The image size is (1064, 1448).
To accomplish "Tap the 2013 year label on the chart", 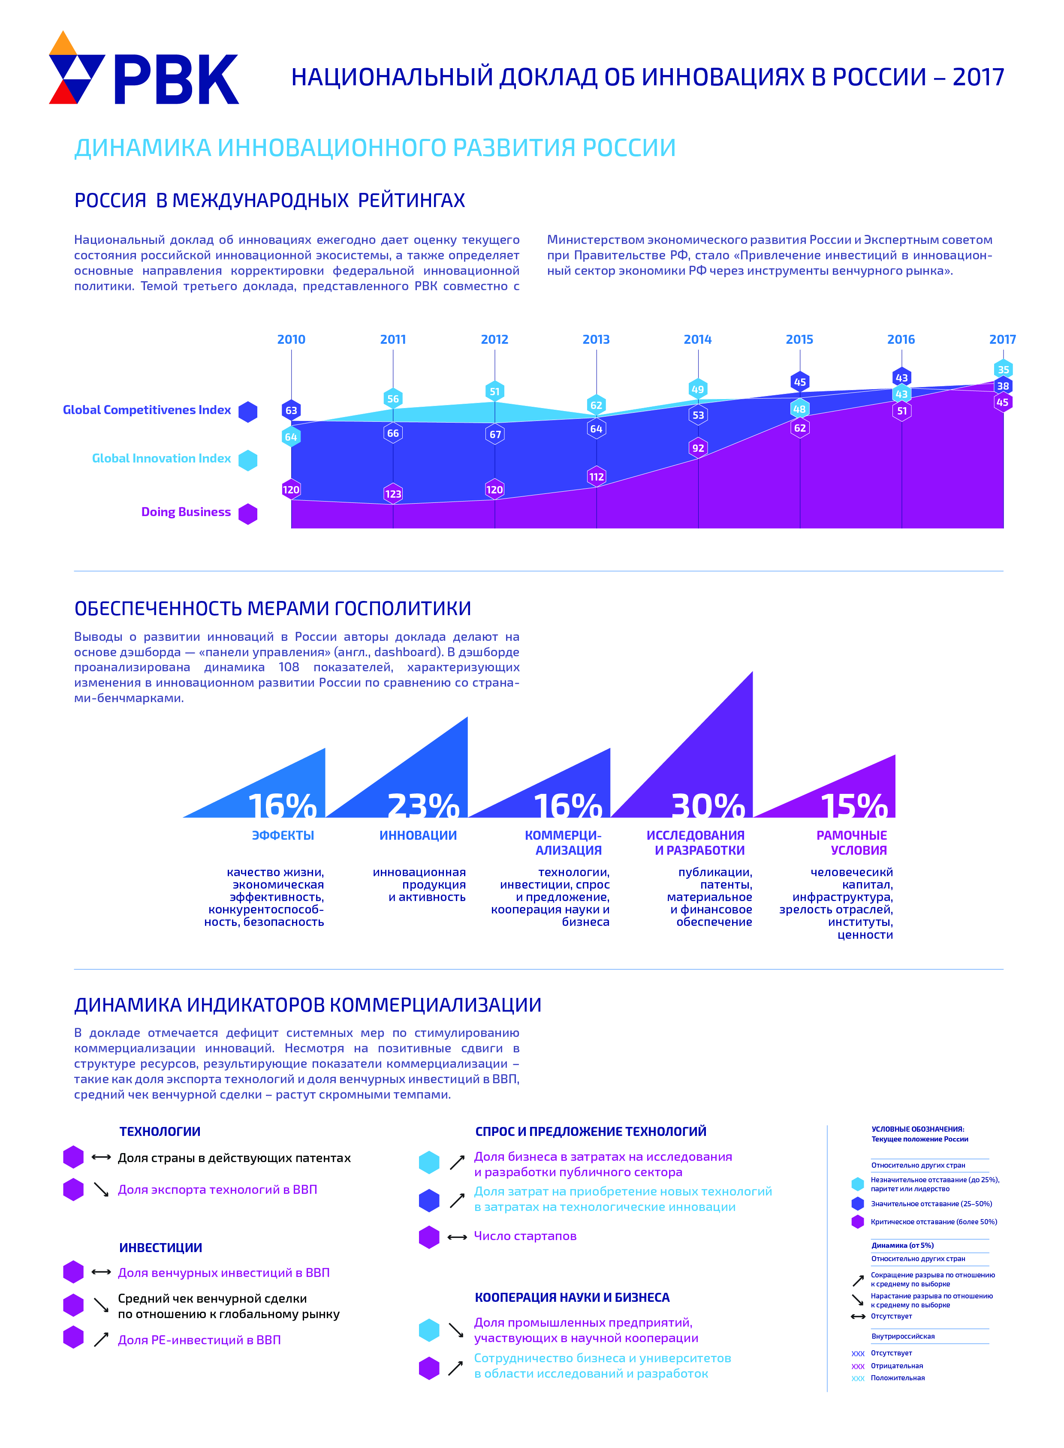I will (596, 339).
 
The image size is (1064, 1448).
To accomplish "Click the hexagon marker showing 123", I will (393, 494).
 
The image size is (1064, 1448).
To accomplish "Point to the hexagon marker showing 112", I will (597, 476).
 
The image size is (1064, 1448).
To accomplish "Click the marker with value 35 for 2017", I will (1003, 370).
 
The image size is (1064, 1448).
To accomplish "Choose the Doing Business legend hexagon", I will (248, 514).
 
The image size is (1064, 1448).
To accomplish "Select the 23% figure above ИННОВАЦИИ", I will (423, 806).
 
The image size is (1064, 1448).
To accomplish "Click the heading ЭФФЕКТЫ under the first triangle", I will (283, 835).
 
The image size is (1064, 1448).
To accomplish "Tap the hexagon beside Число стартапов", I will (429, 1237).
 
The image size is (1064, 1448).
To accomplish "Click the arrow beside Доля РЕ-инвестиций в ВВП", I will (101, 1340).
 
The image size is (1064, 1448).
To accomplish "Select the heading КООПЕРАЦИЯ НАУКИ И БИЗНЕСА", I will (572, 1298).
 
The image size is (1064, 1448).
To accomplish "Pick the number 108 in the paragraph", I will (289, 667).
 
